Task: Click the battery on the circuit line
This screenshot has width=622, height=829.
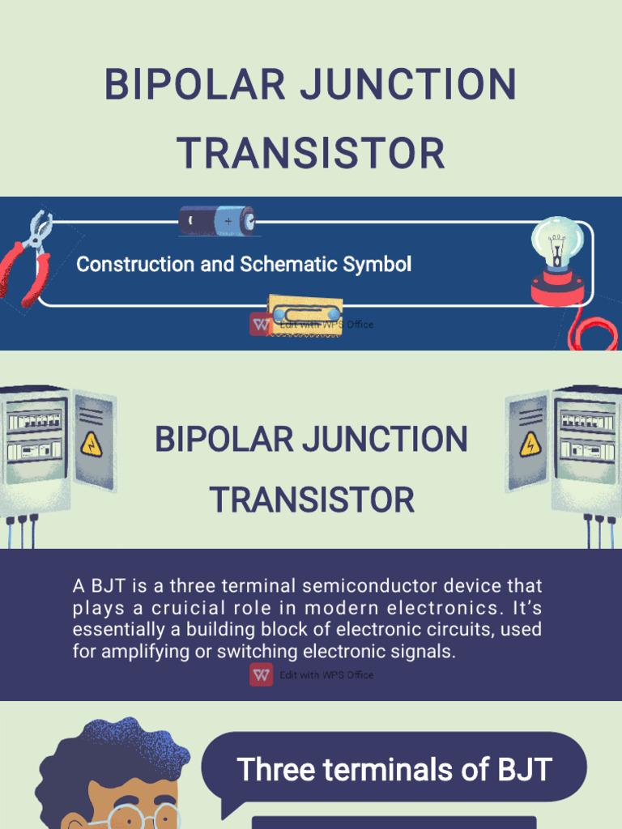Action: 217,219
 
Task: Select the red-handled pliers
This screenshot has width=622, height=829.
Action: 28,257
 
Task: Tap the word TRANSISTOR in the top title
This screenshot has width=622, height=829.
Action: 311,153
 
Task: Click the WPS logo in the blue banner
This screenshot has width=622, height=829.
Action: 261,324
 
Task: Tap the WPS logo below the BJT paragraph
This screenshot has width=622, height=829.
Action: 261,674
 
